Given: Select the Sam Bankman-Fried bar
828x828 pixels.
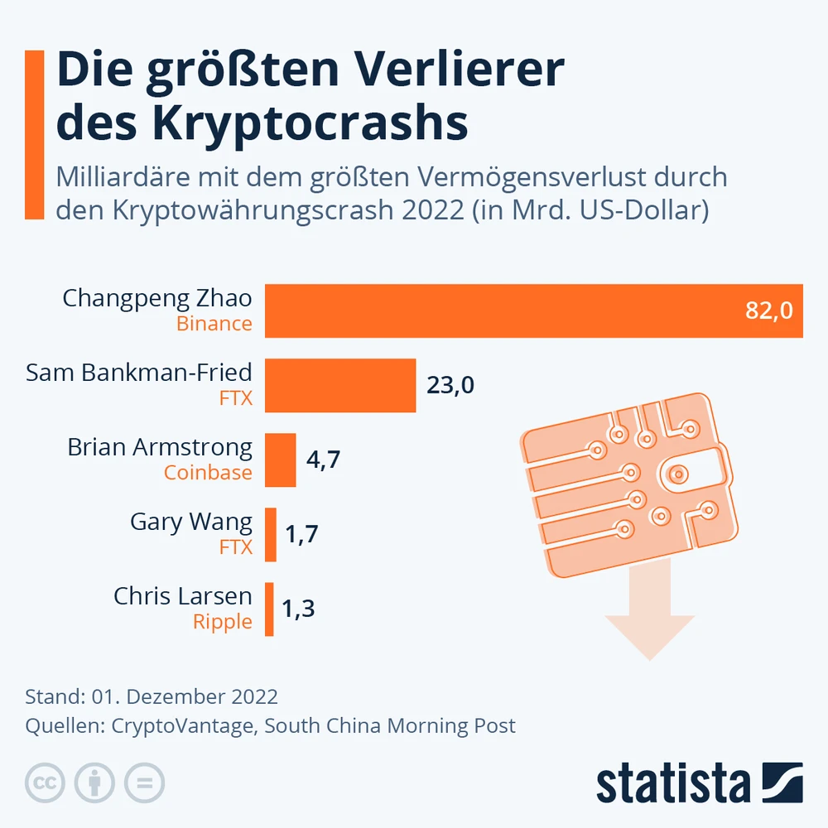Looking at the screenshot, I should point(340,385).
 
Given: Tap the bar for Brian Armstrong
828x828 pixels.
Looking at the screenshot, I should point(281,460).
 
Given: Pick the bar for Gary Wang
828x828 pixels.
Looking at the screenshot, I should point(271,534).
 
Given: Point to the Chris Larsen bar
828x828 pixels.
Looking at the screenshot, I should point(269,609).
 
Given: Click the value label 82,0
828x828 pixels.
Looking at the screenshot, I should point(769,310).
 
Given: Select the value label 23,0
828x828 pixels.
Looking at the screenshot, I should point(450,385).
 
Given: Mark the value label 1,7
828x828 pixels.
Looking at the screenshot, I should point(301,534).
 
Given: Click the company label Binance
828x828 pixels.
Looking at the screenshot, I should point(214,324).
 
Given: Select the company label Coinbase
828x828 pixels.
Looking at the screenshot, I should point(208,473).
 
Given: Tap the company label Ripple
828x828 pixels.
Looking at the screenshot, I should point(222,622).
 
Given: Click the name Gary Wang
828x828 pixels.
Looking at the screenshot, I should point(190,522).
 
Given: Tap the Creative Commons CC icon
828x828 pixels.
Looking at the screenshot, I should point(46,782).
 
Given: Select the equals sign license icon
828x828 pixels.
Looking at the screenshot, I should point(145,782).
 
